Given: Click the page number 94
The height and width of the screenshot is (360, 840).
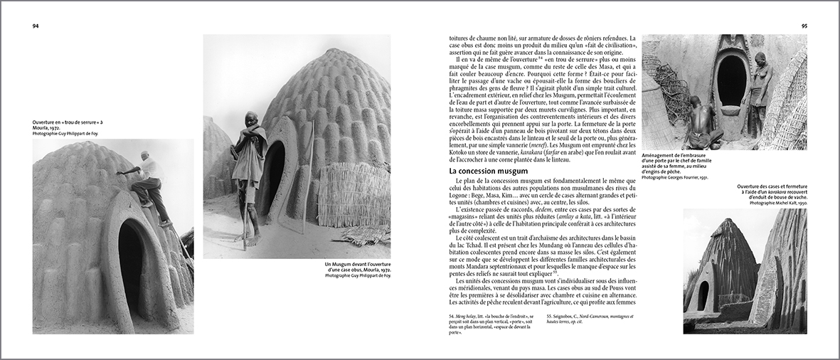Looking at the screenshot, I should pos(35,26).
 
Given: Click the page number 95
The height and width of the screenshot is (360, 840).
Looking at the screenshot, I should pos(804,26).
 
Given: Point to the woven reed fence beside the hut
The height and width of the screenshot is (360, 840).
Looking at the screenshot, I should pos(353,195).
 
